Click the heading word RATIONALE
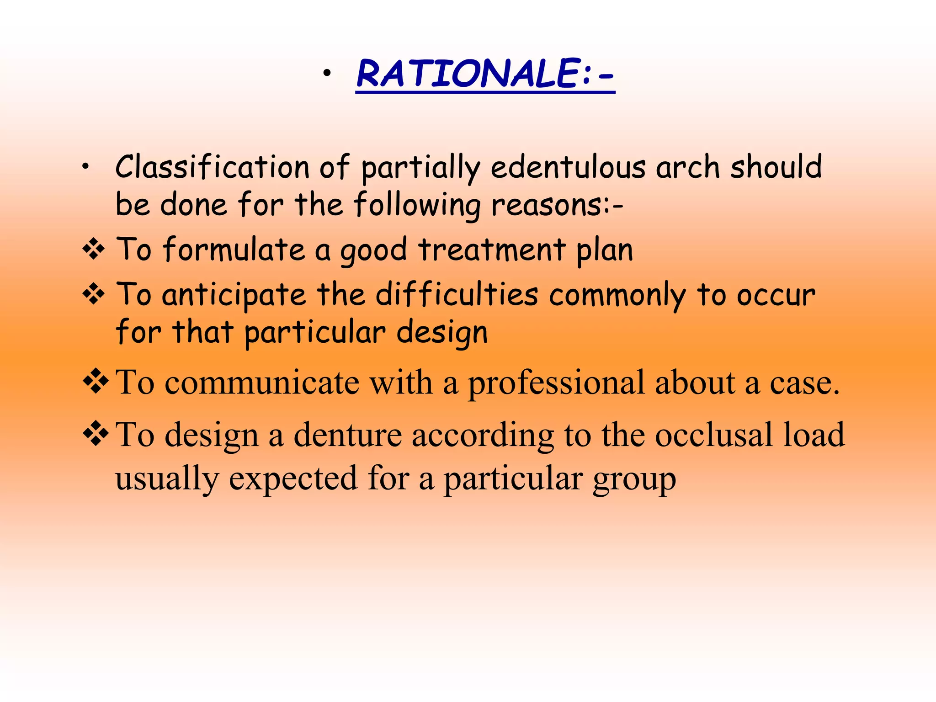[x=468, y=74]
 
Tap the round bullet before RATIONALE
[x=326, y=74]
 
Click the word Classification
[x=213, y=167]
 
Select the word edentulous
[x=568, y=167]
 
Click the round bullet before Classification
[x=85, y=168]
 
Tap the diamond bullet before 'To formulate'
[x=94, y=250]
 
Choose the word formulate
[x=234, y=250]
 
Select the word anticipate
[x=234, y=295]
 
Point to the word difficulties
[x=457, y=294]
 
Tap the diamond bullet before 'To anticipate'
[x=94, y=295]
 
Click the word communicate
[x=261, y=383]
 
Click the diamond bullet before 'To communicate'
[x=96, y=381]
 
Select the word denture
[x=347, y=435]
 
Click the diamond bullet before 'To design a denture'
[x=96, y=433]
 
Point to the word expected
[x=292, y=479]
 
